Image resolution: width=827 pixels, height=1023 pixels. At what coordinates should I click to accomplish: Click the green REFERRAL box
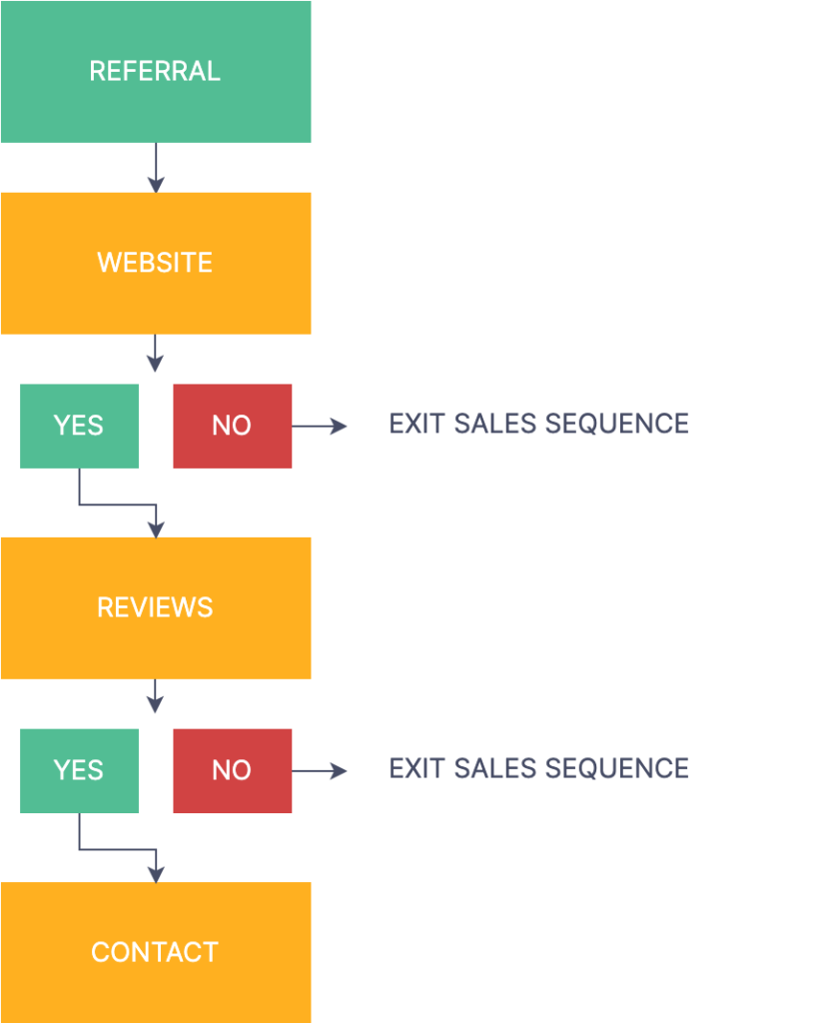point(156,72)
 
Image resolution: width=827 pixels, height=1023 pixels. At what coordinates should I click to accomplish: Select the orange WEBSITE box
point(156,264)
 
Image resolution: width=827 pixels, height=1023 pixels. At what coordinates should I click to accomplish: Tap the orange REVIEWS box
point(156,608)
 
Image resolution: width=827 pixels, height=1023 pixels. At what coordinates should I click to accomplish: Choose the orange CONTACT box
point(156,952)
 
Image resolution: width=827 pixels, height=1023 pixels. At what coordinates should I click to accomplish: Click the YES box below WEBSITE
point(80,426)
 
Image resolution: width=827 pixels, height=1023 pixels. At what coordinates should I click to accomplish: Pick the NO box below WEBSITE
point(232,426)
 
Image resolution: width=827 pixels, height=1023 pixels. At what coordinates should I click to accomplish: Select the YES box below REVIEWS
point(80,770)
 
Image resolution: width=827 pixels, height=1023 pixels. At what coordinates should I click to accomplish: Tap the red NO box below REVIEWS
point(232,770)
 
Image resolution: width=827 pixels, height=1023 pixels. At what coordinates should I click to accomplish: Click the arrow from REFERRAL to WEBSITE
point(156,168)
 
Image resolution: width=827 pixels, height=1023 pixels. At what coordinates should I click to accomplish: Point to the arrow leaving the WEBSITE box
point(155,353)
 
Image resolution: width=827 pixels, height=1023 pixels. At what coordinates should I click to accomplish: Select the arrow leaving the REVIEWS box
point(155,695)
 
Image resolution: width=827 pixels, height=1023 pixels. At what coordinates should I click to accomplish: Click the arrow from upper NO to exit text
point(319,426)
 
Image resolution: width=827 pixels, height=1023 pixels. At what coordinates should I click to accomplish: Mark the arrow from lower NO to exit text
point(319,771)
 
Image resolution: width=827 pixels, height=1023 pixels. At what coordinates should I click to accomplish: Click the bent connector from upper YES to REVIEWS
point(118,505)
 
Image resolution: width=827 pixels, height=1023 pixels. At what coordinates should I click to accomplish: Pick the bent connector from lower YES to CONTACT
point(118,849)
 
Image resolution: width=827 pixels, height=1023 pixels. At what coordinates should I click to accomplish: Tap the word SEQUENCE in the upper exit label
point(617,424)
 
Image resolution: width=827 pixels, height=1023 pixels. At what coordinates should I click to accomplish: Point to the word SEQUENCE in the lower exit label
point(617,768)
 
